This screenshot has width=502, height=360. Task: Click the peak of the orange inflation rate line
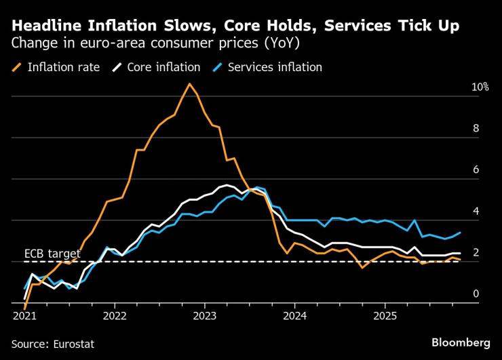tap(189, 84)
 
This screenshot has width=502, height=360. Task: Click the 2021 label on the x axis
tap(24, 317)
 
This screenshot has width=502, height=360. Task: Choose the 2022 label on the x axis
tap(115, 317)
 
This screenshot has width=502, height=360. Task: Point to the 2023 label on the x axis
tap(205, 317)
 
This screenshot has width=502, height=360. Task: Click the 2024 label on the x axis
tap(295, 317)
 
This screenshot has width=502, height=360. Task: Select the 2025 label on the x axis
tap(385, 317)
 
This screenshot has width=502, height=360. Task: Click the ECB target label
tap(52, 254)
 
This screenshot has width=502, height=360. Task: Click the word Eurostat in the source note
tap(73, 344)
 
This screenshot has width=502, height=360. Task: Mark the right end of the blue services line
tap(461, 233)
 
